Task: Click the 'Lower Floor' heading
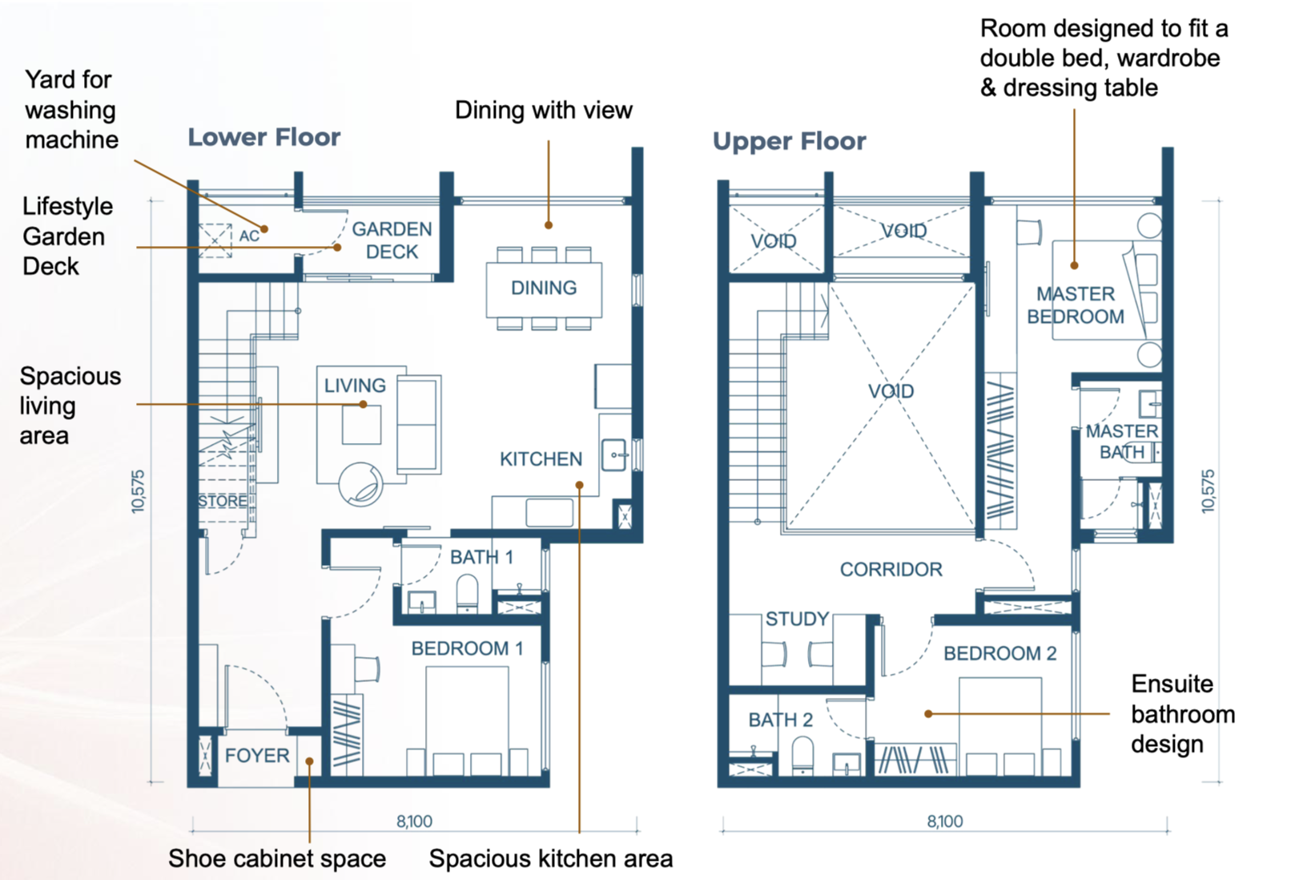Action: click(x=264, y=137)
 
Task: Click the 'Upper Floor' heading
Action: click(x=789, y=141)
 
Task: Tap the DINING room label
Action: click(x=544, y=288)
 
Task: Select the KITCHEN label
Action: click(x=541, y=459)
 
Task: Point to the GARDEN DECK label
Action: click(x=392, y=240)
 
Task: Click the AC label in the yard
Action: click(x=249, y=236)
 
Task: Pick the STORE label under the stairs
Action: click(x=223, y=501)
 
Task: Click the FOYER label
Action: click(x=257, y=756)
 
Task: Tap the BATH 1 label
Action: click(x=481, y=557)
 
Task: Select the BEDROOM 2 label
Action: click(x=1000, y=653)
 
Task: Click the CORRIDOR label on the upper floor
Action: click(x=891, y=570)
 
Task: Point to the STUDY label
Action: click(x=797, y=619)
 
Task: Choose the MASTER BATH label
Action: click(x=1121, y=442)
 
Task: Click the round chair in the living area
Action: click(x=360, y=484)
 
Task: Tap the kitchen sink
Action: click(x=614, y=455)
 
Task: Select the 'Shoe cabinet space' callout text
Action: click(x=276, y=858)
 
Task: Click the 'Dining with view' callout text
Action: click(x=544, y=110)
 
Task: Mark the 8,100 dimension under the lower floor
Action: click(x=414, y=821)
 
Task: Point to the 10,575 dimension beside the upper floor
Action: click(x=1208, y=491)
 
